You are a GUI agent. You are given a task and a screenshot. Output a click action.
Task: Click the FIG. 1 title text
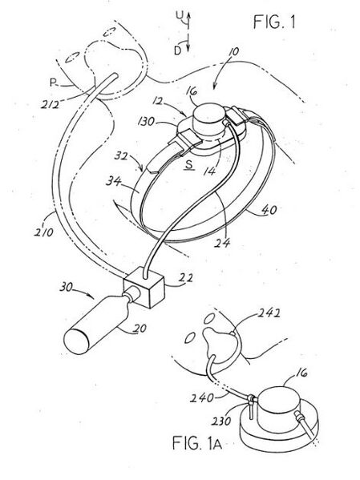tap(274, 22)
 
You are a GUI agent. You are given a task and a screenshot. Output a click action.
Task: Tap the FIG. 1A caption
tap(197, 443)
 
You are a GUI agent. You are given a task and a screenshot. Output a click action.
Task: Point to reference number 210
tap(43, 232)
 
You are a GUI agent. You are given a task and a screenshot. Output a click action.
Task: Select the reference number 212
tap(51, 104)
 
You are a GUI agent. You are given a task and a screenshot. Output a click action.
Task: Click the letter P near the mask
tap(53, 83)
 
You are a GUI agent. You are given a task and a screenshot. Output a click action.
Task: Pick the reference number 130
tap(146, 122)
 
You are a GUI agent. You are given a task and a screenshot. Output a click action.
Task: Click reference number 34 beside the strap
tap(113, 182)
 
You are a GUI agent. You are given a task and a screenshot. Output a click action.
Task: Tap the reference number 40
tap(269, 210)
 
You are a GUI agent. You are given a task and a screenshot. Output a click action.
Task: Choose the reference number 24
tap(223, 243)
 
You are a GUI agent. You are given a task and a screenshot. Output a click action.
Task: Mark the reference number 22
tap(186, 277)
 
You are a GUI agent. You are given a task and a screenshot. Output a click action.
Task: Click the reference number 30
tap(67, 287)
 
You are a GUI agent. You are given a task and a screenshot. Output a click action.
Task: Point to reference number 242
tap(269, 313)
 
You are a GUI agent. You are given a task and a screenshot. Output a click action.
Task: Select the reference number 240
tap(202, 397)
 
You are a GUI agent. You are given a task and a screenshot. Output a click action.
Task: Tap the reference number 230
tap(220, 421)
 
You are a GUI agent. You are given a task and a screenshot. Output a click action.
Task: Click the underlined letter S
tap(189, 165)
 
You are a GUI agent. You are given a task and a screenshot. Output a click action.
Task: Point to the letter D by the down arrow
tap(177, 50)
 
